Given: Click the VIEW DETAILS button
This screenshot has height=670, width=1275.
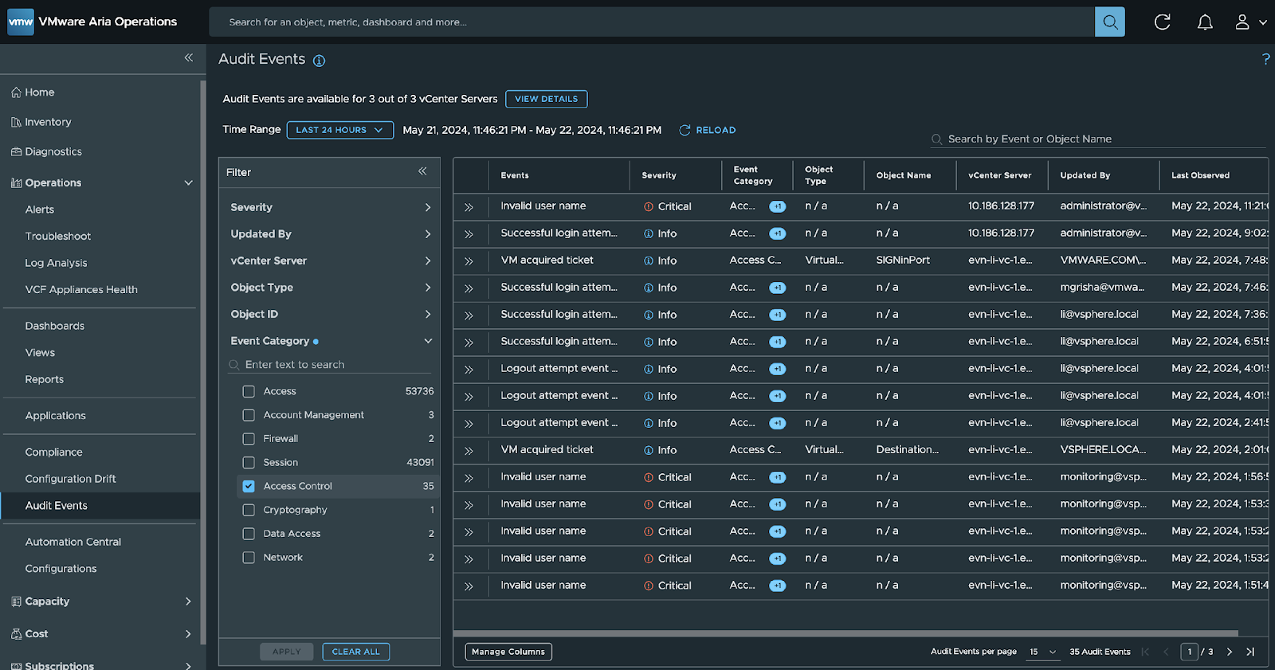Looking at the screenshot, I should (546, 99).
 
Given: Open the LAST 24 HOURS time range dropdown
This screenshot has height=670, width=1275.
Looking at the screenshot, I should (339, 130).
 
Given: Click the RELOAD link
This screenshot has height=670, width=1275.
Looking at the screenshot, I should (707, 130).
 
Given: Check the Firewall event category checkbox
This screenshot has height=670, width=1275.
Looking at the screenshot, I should (249, 439).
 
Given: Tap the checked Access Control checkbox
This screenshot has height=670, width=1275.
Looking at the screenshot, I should (249, 486).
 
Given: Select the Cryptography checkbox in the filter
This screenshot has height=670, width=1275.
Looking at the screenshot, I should (249, 510).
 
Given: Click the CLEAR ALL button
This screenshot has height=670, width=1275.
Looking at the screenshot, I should (355, 652).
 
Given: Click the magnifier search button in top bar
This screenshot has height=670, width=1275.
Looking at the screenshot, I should (1109, 22).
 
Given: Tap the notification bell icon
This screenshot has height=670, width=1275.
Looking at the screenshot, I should (1205, 22).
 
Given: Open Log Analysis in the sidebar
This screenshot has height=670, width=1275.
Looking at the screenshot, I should (56, 263).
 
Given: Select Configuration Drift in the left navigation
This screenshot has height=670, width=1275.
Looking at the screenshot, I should (70, 479).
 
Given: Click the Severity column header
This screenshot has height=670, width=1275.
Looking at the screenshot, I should (659, 175).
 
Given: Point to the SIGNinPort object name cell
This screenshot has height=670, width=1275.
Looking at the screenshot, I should (903, 261).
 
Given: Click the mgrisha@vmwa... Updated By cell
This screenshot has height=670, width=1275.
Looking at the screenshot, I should (1102, 288).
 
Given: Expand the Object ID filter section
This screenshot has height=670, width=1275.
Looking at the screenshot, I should (330, 315).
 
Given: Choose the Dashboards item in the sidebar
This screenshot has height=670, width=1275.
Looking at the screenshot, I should (54, 326).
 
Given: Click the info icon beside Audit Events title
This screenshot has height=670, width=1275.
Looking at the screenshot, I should (319, 61).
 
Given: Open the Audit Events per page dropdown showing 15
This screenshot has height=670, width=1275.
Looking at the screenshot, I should (1042, 652).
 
